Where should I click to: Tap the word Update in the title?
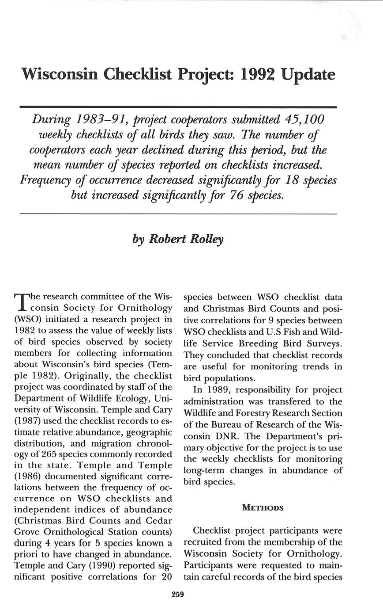pyautogui.click(x=308, y=75)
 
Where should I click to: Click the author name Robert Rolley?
pyautogui.click(x=186, y=239)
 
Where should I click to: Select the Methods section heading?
pyautogui.click(x=263, y=507)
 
